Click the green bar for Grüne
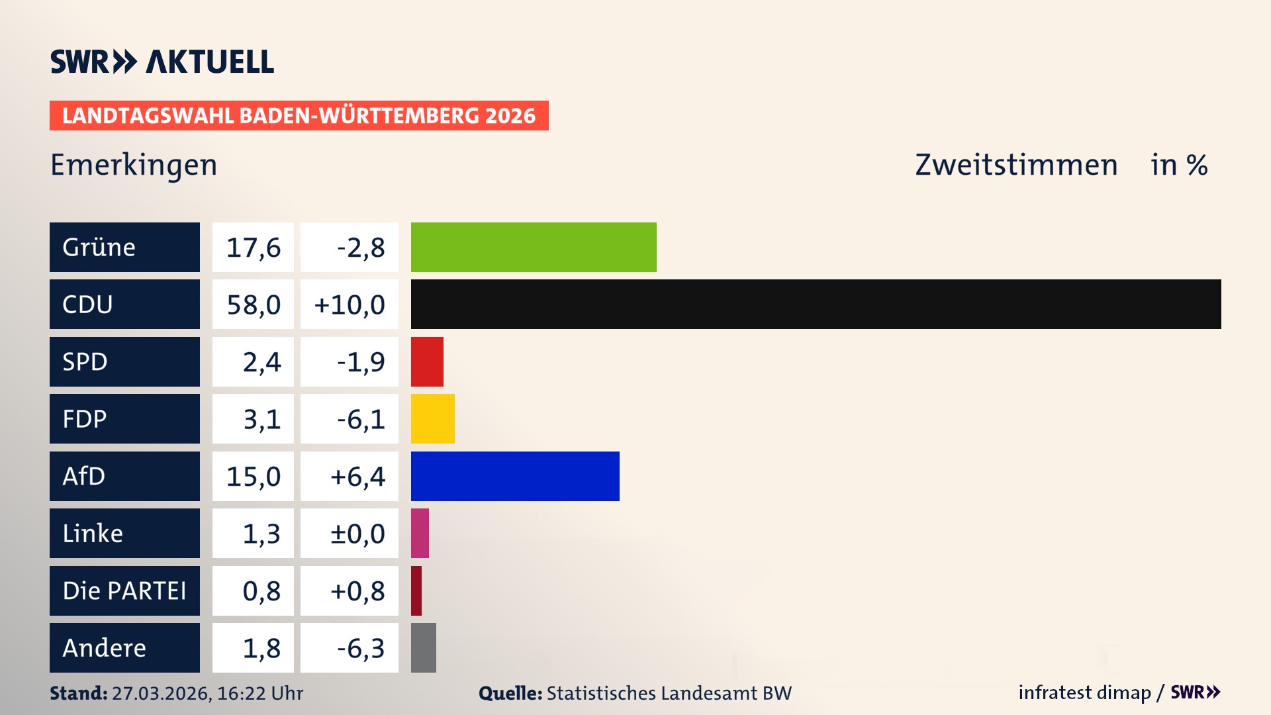click(x=534, y=247)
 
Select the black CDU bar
click(x=816, y=305)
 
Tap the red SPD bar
click(x=427, y=361)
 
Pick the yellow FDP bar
click(x=432, y=418)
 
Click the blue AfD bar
click(x=515, y=476)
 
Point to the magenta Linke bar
click(x=420, y=533)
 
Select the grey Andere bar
click(x=423, y=647)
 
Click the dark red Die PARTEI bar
click(x=416, y=591)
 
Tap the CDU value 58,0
click(x=253, y=305)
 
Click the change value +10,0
click(x=350, y=305)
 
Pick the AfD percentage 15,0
click(x=253, y=476)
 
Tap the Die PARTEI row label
click(x=124, y=591)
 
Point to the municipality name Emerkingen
click(x=134, y=165)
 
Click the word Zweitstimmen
click(x=1016, y=165)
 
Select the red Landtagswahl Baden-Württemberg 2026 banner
click(x=299, y=115)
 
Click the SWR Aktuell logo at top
click(x=162, y=62)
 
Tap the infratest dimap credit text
click(x=1084, y=692)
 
